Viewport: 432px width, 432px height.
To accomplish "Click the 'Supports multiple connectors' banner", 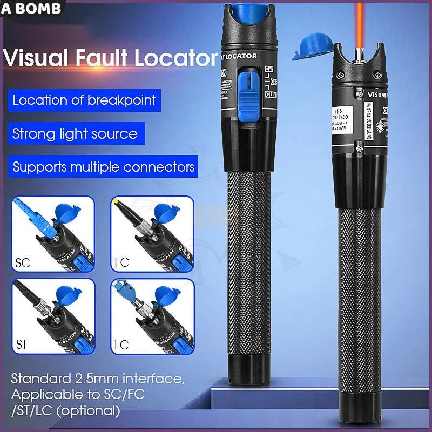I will [x=103, y=166].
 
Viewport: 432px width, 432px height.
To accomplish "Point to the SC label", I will [x=23, y=264].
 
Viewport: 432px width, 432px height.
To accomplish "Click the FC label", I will [x=122, y=264].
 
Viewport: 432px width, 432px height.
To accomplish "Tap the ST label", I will [x=22, y=343].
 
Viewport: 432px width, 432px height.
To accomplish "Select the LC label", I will [x=122, y=344].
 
